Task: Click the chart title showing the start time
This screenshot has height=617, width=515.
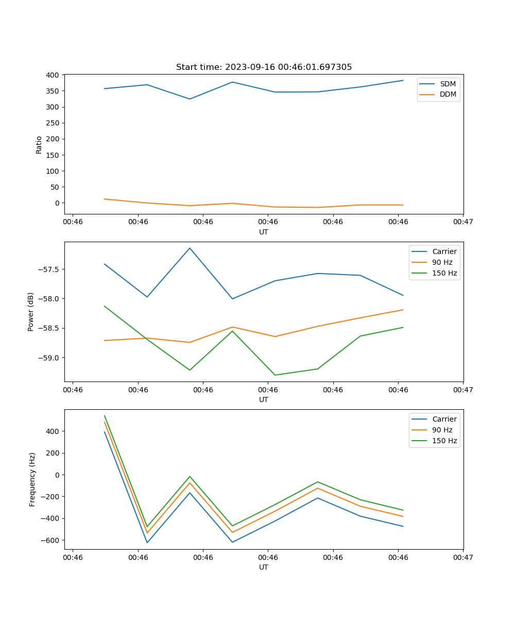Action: click(264, 67)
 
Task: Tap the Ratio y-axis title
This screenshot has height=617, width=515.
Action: click(39, 144)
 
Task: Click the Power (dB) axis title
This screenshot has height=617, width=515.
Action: click(31, 312)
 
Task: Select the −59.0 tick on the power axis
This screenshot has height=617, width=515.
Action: click(48, 358)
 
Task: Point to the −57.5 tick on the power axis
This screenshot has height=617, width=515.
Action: click(48, 269)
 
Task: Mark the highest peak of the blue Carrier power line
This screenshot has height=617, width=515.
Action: click(190, 248)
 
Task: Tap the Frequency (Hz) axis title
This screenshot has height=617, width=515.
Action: click(32, 479)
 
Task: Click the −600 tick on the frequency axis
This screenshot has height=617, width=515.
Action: click(50, 540)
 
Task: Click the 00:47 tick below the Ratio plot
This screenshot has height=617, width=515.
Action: click(463, 222)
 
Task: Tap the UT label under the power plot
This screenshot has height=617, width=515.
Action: click(264, 400)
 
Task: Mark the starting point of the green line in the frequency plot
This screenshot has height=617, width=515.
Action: click(105, 415)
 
